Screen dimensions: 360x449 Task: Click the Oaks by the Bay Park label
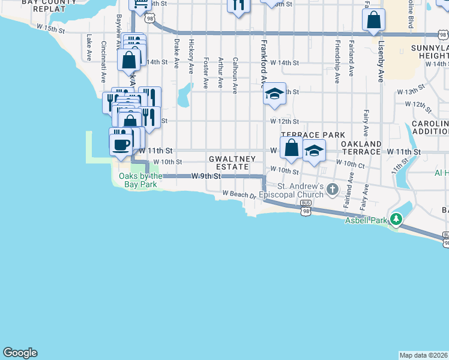pos(138,180)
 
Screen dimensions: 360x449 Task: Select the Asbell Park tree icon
pos(396,220)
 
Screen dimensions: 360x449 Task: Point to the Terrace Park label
pos(313,135)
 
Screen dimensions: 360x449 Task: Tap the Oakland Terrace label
pos(361,148)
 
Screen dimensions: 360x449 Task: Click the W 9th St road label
pos(206,176)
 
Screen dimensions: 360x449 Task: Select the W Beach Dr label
pos(239,194)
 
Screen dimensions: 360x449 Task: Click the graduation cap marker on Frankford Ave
pos(274,94)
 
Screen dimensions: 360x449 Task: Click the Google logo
pos(20,353)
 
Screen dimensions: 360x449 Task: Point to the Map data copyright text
pos(424,355)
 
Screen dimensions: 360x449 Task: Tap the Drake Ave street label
pos(176,54)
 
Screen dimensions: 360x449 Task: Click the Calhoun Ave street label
pos(235,75)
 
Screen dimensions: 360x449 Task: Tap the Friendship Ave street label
pos(337,61)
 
